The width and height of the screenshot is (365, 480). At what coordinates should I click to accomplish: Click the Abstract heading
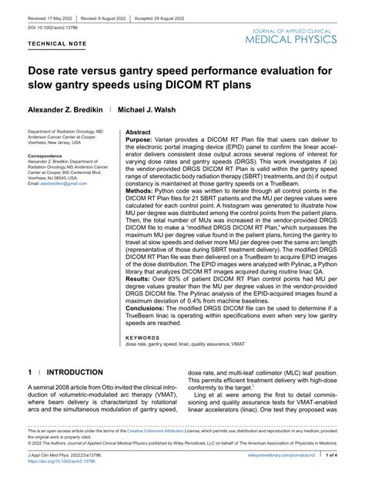pyautogui.click(x=138, y=133)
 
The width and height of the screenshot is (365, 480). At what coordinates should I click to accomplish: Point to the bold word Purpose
pyautogui.click(x=142, y=140)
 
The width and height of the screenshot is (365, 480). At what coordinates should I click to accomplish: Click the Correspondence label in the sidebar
pyautogui.click(x=46, y=155)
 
